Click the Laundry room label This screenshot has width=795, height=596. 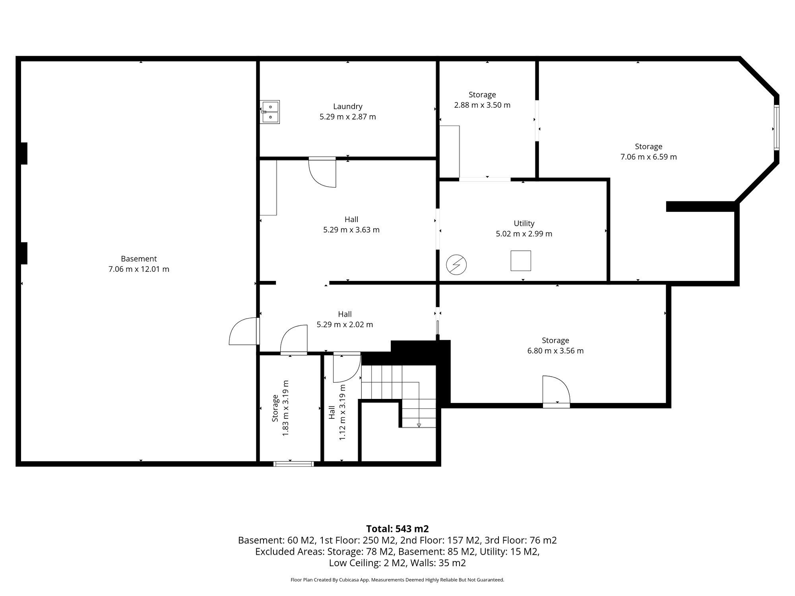coord(347,106)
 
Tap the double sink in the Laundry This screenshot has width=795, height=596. coord(270,112)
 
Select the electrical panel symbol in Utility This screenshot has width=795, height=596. coord(456,265)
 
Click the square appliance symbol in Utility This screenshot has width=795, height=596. coord(521,261)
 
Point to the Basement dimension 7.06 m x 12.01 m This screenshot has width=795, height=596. coord(139,269)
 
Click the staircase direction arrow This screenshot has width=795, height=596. coord(419,425)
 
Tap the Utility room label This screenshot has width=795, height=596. coord(524,223)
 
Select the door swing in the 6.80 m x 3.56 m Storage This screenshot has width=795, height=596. coord(556,389)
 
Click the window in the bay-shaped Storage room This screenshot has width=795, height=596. coord(777,127)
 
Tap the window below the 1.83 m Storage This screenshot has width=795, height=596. coord(294,464)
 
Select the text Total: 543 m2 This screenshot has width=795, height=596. coord(397,529)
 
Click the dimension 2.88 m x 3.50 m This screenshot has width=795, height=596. coord(482,105)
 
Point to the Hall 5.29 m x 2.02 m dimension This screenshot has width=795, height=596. coord(345,325)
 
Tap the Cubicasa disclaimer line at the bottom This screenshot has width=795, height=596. coord(397,580)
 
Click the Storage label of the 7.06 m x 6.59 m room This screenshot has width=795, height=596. coord(648,147)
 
